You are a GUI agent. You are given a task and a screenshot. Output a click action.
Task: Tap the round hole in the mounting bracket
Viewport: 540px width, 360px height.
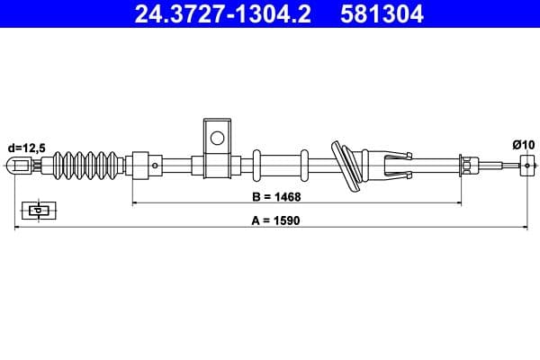click(x=216, y=138)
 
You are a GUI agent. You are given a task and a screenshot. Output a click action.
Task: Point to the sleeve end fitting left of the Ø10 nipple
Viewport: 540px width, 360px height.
click(x=468, y=165)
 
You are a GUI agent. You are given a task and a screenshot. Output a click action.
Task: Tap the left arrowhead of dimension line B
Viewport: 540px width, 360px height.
click(x=135, y=203)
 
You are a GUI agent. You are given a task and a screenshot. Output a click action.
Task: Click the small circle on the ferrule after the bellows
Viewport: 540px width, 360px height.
click(x=155, y=165)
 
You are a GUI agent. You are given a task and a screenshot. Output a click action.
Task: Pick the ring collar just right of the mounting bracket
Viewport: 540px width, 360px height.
click(x=257, y=165)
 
